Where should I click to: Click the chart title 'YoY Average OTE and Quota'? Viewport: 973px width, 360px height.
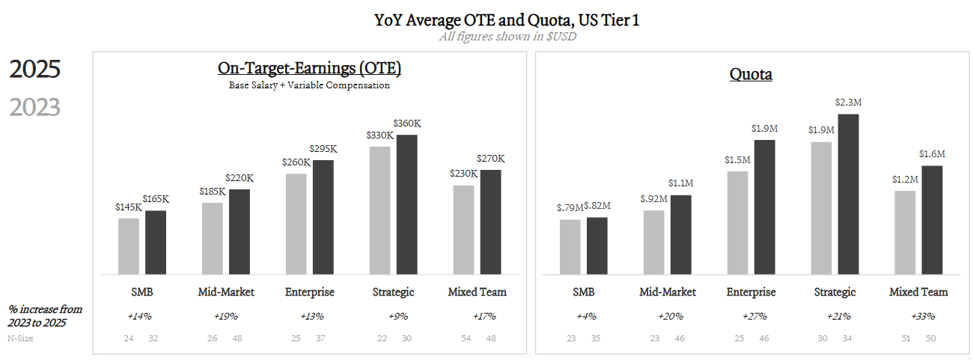pos(507,20)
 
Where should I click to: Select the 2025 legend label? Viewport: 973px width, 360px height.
pos(34,70)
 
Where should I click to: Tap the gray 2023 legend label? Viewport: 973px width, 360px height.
pos(34,108)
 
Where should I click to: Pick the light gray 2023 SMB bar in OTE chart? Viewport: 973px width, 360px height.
pos(129,246)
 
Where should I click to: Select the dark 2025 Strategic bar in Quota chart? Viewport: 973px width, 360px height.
pos(848,194)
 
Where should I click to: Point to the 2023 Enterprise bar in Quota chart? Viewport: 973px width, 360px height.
pos(737,223)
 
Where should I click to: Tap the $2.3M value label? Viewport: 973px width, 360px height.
pos(848,103)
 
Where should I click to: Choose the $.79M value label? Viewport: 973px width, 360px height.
pos(569,207)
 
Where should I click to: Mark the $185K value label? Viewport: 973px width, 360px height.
pos(213,192)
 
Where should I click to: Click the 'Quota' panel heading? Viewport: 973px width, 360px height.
pos(751,75)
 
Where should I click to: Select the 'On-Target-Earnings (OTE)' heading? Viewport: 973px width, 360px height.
pos(309,69)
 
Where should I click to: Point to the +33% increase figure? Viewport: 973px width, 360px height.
pos(921,316)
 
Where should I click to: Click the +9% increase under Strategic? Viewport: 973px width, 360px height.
pos(393,316)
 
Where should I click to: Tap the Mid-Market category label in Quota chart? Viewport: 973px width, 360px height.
pos(667,292)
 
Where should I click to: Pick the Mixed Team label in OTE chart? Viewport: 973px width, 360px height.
pos(477,292)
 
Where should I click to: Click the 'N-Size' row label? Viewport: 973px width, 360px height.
pos(20,338)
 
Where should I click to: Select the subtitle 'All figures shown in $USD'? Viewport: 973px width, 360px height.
pos(507,37)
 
